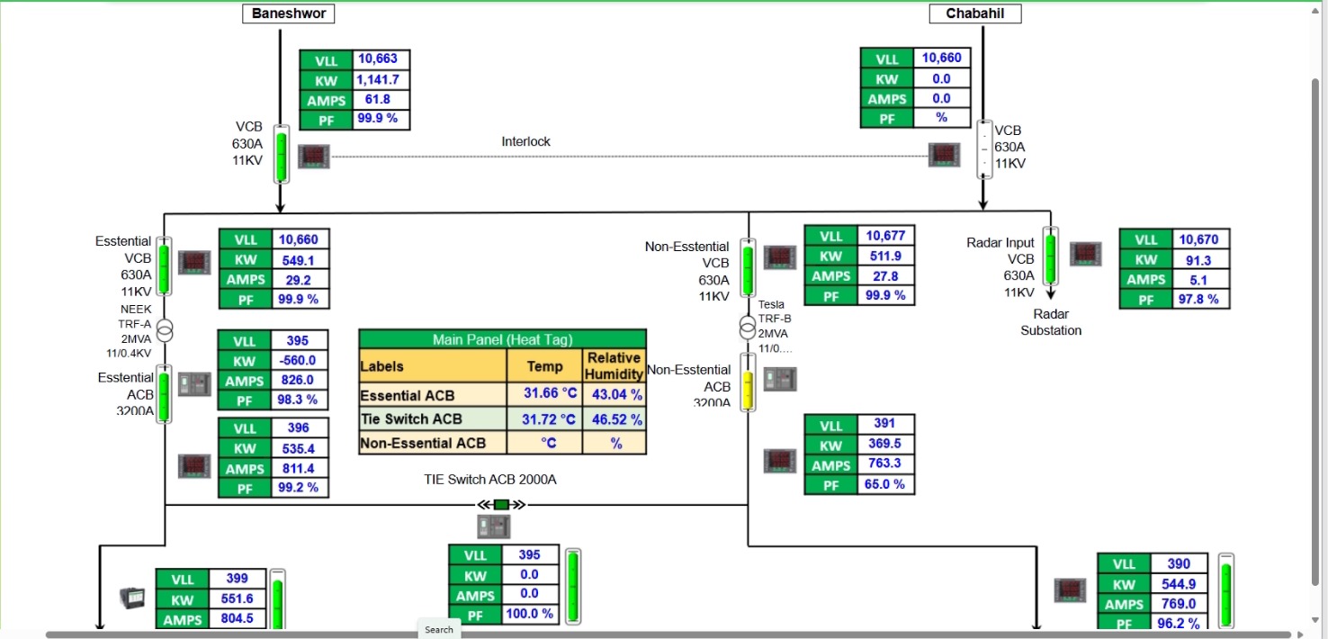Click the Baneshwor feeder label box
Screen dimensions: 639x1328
(x=289, y=13)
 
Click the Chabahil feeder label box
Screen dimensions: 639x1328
(x=974, y=13)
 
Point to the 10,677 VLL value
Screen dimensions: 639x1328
(x=885, y=236)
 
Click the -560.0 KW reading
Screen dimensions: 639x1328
(x=298, y=361)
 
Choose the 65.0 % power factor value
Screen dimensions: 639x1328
(x=885, y=484)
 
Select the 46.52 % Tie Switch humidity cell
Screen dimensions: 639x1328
(x=615, y=419)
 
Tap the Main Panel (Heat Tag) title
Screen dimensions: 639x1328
(x=502, y=339)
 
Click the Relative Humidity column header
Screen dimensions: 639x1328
(x=615, y=365)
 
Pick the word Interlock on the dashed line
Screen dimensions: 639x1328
(x=525, y=141)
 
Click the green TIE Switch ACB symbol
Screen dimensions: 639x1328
(x=502, y=505)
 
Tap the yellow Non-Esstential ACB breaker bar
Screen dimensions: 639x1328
(x=748, y=382)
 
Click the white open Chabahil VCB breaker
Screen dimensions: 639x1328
(x=983, y=149)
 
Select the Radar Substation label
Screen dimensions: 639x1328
(x=1050, y=322)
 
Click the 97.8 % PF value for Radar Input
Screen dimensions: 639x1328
(x=1199, y=299)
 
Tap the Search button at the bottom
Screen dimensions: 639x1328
(x=439, y=630)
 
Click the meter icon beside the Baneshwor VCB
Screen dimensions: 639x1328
(x=314, y=157)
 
